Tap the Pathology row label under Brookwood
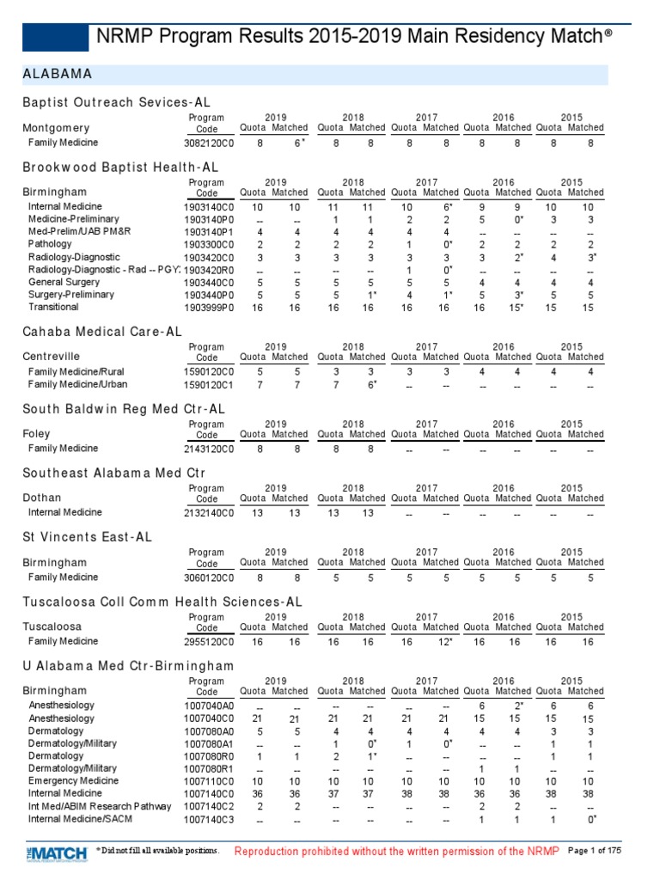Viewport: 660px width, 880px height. pos(52,244)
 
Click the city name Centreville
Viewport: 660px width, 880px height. pos(52,356)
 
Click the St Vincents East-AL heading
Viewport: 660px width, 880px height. pos(87,537)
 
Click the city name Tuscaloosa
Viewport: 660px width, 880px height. pos(52,626)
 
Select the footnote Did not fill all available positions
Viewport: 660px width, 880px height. pos(158,851)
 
